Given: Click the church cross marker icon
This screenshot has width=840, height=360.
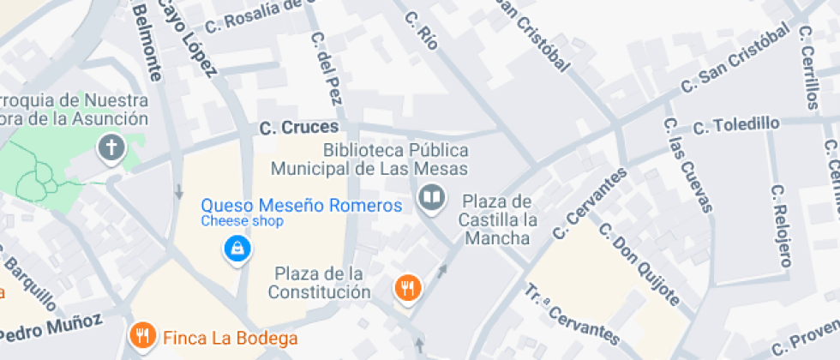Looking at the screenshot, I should [x=111, y=148].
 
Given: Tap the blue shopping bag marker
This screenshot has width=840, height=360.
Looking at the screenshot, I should [x=236, y=249].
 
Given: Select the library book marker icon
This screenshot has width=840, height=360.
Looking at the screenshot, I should [x=433, y=201].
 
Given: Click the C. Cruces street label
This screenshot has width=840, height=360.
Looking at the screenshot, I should [x=298, y=129].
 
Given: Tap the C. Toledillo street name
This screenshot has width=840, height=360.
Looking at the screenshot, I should [x=736, y=125].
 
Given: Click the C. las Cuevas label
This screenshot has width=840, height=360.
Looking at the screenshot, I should [x=687, y=164].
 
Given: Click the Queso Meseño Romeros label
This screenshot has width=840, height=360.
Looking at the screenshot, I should [x=301, y=206].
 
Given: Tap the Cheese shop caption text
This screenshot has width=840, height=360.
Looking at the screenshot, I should [x=242, y=221].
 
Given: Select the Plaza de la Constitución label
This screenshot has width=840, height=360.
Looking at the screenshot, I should [x=319, y=283].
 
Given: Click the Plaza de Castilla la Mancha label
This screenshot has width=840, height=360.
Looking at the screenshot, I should [x=496, y=219].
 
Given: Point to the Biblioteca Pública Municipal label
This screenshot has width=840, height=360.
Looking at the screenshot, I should [x=394, y=159].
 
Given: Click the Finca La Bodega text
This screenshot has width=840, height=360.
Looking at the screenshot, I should [x=230, y=338].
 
